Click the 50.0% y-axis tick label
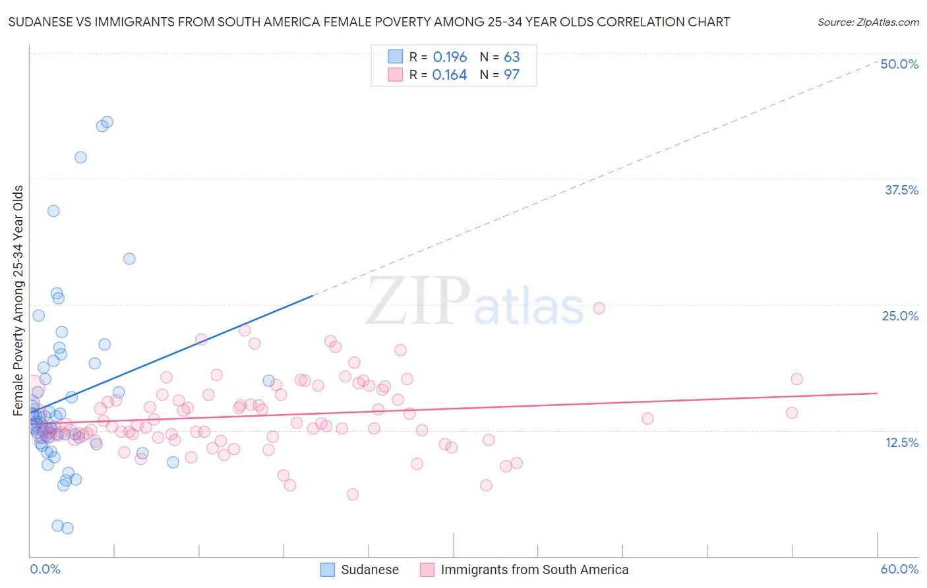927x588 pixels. tap(899, 64)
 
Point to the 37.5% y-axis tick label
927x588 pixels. tap(901, 190)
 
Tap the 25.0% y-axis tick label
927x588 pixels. tap(900, 316)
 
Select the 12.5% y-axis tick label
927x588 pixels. tap(901, 442)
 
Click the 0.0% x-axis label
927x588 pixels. tap(45, 569)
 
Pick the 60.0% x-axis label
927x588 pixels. tap(899, 569)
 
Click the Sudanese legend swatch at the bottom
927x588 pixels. tap(328, 570)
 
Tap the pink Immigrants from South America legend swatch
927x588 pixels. tap(427, 570)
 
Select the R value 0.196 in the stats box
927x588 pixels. tap(450, 57)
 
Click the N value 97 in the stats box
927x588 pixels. tap(512, 74)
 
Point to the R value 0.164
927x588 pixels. tap(450, 74)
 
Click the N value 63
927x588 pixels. tap(512, 57)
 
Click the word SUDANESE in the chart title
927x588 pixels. tap(38, 22)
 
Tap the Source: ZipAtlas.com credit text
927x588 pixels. tap(868, 22)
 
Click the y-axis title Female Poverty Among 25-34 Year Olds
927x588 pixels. tap(18, 301)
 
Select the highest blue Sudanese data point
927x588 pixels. tap(107, 122)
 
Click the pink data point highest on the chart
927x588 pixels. tap(599, 308)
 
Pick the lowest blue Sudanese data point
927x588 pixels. tap(67, 528)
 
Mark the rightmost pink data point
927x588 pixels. tap(796, 378)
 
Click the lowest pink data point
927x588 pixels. tap(353, 494)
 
